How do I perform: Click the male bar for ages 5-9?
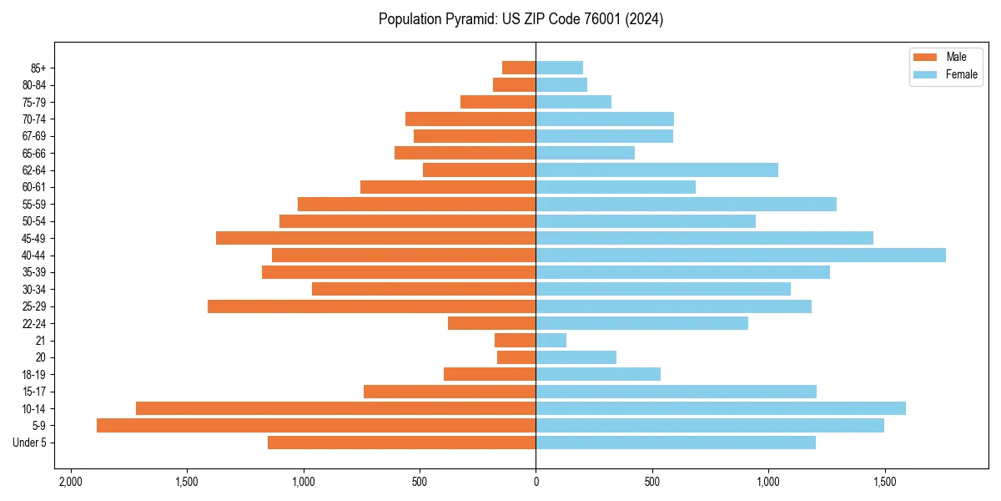pos(316,426)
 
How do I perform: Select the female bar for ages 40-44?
pos(741,256)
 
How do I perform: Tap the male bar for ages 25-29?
pos(371,306)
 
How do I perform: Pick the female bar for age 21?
pos(551,341)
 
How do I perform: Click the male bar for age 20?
pos(516,357)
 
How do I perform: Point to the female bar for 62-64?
pos(656,170)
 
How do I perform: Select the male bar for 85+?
pos(519,68)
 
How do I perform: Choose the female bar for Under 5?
pos(676,443)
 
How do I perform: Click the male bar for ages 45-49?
pos(375,238)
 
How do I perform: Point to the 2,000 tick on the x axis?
pos(70,482)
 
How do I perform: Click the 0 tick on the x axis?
pos(536,482)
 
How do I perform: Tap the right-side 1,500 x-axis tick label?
pos(884,482)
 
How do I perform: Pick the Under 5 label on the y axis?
pos(30,443)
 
